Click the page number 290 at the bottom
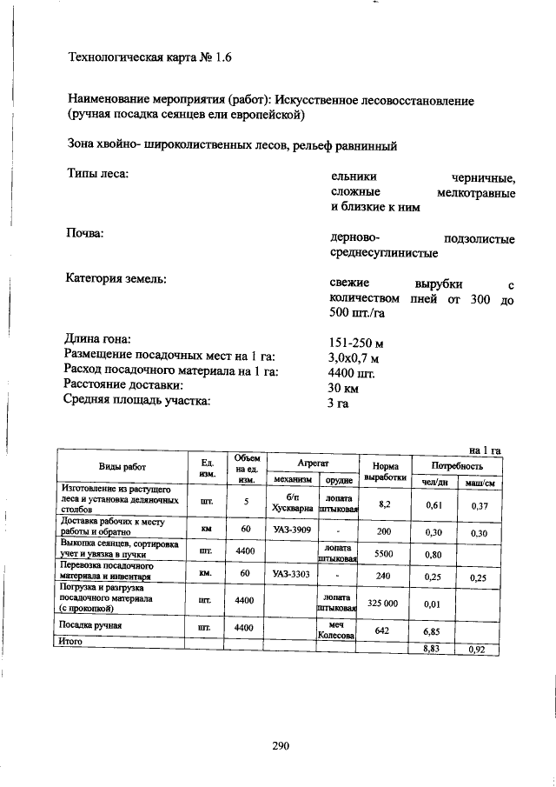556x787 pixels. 279,745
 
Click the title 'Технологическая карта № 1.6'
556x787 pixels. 150,58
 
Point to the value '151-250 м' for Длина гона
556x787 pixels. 356,342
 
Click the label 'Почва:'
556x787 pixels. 85,235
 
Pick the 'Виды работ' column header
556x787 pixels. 122,466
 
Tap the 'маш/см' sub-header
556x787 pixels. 479,483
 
